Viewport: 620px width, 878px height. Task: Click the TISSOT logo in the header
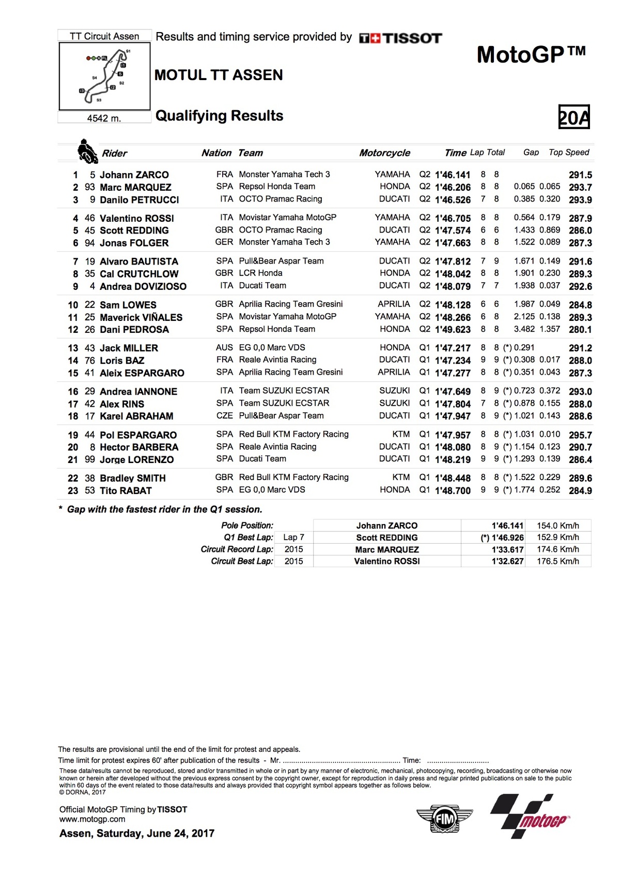coord(401,38)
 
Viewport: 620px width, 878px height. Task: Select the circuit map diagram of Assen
coord(105,76)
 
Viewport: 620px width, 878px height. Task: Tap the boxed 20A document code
coord(574,117)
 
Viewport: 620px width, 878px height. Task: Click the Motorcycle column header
coord(384,153)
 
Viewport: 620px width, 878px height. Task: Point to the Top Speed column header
coord(568,152)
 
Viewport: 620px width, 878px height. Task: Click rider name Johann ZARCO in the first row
coord(134,175)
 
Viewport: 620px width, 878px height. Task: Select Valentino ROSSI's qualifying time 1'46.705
coord(453,218)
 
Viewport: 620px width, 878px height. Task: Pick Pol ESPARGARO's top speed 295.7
coord(580,435)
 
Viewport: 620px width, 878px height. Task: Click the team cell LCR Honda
coord(260,273)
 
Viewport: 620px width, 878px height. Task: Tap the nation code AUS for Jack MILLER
coord(224,348)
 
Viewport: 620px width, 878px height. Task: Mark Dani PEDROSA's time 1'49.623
coord(453,329)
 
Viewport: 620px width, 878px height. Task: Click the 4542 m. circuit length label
coord(104,118)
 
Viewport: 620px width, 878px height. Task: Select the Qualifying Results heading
coord(219,116)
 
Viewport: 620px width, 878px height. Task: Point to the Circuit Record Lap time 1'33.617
coord(507,549)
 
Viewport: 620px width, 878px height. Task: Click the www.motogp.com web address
coord(92,819)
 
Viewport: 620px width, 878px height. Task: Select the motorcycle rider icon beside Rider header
coord(87,151)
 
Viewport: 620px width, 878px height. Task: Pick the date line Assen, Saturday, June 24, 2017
coord(136,833)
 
